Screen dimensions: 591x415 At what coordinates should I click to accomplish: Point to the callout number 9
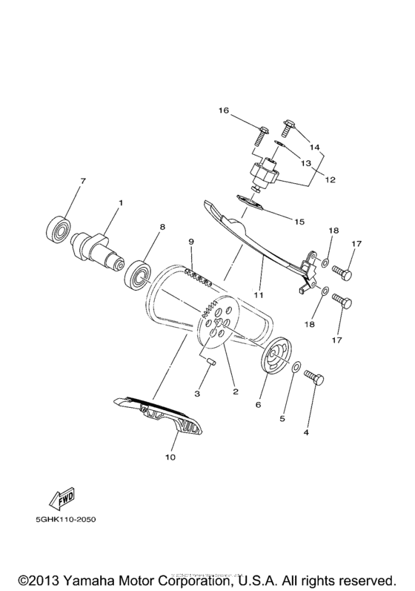tap(190, 242)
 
